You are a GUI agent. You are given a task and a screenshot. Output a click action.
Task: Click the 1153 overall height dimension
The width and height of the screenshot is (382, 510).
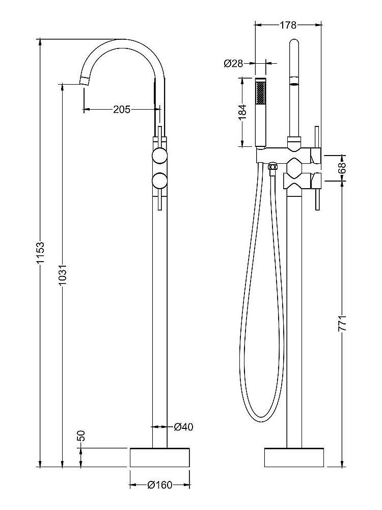point(41,252)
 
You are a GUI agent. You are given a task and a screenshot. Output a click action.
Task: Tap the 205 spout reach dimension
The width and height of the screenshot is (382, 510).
point(122,109)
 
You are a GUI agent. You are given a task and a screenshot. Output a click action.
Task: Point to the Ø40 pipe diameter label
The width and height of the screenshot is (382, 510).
point(183,426)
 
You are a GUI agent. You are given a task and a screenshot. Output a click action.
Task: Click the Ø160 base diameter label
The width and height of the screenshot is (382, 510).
point(160,485)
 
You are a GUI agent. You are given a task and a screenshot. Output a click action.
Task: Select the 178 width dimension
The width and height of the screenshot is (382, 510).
point(288,24)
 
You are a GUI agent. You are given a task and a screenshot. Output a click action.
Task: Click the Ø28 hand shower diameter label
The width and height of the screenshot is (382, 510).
point(233,63)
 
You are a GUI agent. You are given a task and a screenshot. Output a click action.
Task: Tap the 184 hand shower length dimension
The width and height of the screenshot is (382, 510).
point(242,112)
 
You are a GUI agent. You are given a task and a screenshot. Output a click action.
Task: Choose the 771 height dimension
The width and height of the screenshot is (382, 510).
point(342,324)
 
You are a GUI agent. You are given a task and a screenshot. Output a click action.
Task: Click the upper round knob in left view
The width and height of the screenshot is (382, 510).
point(160,156)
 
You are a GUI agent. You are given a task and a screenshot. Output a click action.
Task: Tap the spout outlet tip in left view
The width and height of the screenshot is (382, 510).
point(85,81)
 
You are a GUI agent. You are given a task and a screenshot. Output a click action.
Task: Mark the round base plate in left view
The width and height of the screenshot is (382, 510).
point(160,457)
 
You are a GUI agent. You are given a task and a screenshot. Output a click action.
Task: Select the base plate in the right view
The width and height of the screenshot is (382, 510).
point(293,457)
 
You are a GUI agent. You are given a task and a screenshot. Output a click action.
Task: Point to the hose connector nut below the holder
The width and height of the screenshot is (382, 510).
point(273,167)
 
